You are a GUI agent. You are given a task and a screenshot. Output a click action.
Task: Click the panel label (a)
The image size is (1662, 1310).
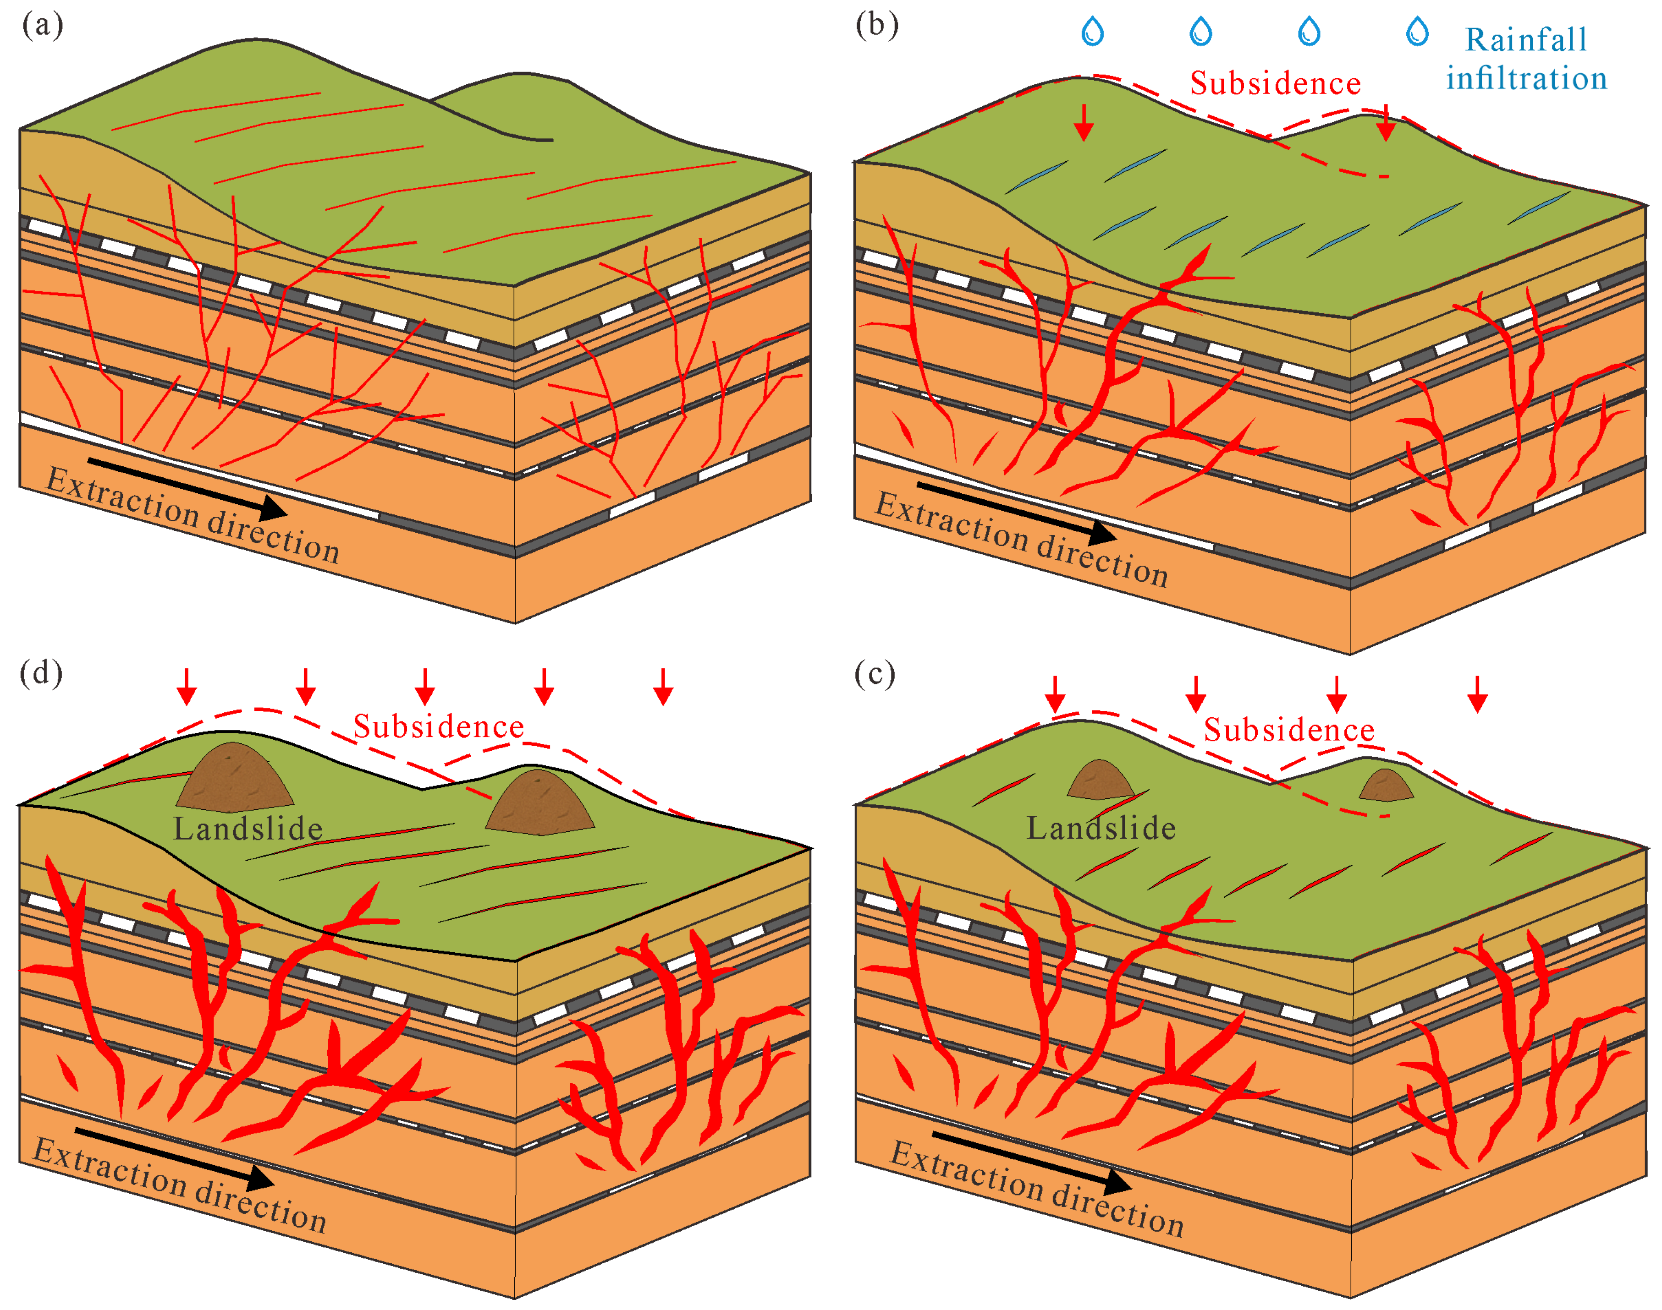click(42, 25)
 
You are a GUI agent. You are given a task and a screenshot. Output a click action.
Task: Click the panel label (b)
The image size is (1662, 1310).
click(876, 25)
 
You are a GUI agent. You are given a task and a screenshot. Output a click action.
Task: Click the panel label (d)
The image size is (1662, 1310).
click(41, 673)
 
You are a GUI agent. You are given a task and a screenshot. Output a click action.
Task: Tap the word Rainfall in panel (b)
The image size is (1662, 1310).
click(1525, 40)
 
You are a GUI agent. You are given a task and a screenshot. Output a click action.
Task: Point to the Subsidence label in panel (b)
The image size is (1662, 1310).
click(1275, 83)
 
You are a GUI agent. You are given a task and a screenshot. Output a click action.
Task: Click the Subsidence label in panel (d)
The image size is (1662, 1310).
click(438, 726)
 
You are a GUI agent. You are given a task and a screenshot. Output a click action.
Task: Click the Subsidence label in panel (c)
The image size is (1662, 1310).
click(1288, 729)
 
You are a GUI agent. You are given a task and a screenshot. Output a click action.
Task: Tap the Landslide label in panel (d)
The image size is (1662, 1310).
click(247, 828)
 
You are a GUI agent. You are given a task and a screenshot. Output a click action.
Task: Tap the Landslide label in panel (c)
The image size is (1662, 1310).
click(1101, 828)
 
